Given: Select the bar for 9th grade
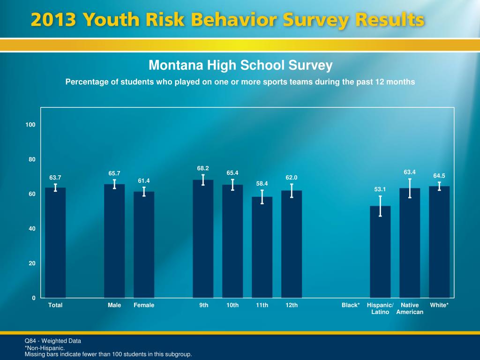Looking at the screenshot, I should click(203, 239).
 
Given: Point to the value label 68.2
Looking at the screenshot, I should click(203, 168).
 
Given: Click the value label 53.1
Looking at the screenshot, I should click(380, 189).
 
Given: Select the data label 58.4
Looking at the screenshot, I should click(262, 183).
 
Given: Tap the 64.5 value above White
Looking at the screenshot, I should click(439, 176).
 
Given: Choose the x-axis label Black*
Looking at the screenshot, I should click(351, 305).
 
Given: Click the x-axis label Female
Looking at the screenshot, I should click(144, 305).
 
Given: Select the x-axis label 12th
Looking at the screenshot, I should click(292, 305).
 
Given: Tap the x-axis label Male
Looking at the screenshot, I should click(114, 305).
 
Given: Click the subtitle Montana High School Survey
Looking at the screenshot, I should click(240, 65).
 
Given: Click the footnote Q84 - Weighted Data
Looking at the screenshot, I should click(53, 341).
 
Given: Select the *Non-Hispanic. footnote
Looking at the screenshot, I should click(45, 348).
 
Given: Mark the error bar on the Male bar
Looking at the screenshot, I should click(114, 184).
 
